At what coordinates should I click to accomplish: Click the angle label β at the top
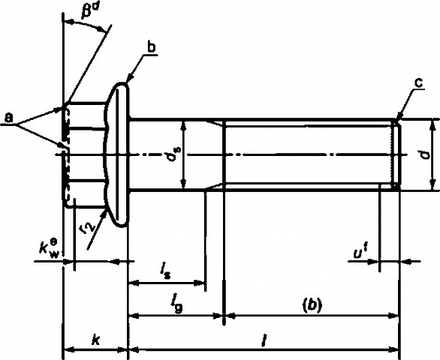86,12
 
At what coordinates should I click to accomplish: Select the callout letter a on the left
10,118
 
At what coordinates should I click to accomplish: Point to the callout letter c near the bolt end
419,82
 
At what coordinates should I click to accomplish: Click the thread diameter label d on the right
426,154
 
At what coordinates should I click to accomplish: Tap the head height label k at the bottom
96,340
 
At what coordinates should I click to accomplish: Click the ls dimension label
165,271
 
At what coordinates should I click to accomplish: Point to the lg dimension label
177,304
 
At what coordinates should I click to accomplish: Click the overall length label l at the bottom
263,340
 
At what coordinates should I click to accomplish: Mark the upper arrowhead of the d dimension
432,123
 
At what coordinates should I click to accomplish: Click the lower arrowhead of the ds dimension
184,185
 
